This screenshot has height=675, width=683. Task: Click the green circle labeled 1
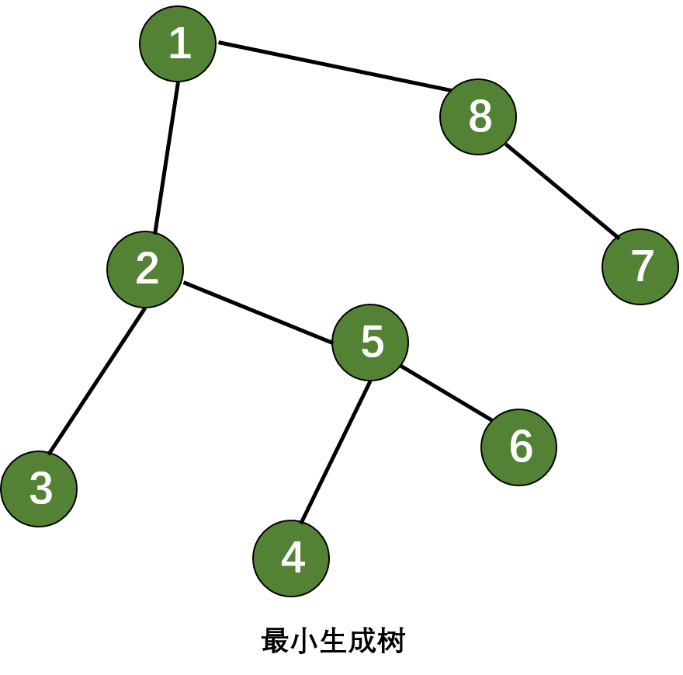(x=178, y=44)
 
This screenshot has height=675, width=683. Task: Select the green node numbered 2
(x=145, y=270)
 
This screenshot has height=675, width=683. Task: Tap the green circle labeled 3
(x=39, y=489)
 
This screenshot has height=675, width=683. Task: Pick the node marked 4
(x=291, y=558)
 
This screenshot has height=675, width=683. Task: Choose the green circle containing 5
(x=370, y=343)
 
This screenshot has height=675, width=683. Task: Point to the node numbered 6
(x=518, y=447)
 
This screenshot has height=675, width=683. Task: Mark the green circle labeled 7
(x=640, y=266)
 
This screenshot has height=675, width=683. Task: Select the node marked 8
(x=478, y=117)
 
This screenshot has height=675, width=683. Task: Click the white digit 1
(x=180, y=43)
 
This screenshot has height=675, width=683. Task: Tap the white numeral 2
(x=147, y=269)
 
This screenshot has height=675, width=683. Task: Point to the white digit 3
(x=41, y=489)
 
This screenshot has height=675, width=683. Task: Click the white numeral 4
(x=293, y=558)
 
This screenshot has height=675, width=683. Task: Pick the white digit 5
(x=373, y=342)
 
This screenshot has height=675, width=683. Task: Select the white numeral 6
(x=521, y=447)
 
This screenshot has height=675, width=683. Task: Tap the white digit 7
(x=643, y=266)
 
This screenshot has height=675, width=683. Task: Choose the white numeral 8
(x=480, y=117)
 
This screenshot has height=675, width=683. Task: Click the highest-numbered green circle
(x=478, y=117)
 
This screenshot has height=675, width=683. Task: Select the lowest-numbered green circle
(x=178, y=44)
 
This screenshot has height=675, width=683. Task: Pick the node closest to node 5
(x=518, y=447)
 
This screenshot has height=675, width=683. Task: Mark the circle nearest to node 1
(x=145, y=270)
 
